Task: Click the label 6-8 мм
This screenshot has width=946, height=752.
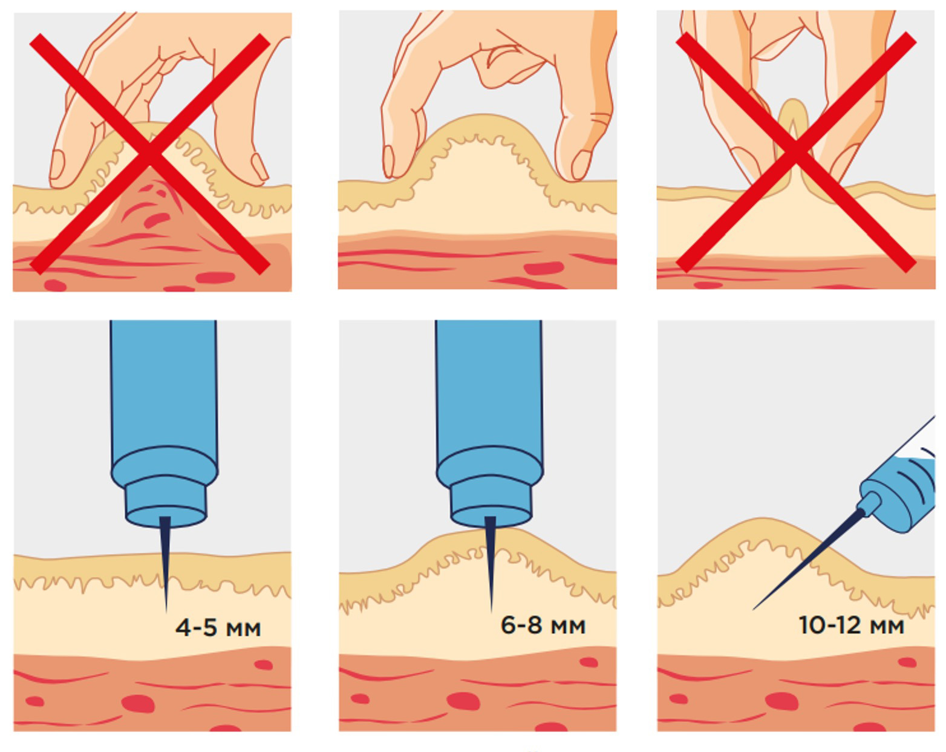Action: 543,626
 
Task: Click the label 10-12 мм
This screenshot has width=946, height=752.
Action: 852,626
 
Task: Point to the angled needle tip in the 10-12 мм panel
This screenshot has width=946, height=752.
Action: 754,609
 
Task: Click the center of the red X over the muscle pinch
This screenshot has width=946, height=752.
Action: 150,154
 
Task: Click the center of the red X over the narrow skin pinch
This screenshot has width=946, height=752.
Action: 795,152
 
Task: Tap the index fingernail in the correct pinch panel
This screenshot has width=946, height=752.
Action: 388,161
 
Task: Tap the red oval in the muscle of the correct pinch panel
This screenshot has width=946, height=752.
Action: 544,267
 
